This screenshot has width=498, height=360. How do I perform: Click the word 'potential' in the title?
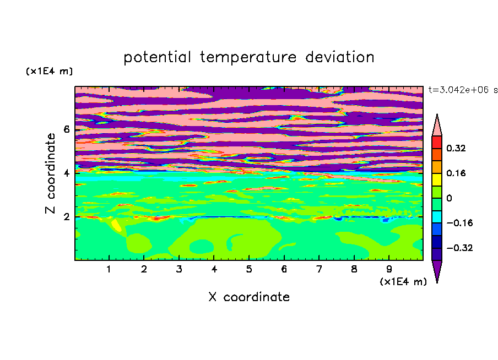tap(157, 58)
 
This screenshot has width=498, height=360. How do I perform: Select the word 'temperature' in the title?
tap(248, 58)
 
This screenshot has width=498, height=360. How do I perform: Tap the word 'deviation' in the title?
tap(339, 57)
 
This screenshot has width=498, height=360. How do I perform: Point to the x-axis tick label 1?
tap(109, 269)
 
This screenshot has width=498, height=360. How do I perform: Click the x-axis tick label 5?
tap(249, 269)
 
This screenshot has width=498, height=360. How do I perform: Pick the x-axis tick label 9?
tap(389, 269)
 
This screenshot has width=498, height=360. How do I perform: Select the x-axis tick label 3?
tap(179, 269)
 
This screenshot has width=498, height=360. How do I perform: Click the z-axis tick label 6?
tap(66, 129)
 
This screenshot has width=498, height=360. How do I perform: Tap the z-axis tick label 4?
tap(66, 173)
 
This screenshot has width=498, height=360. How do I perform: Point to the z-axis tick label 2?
tap(66, 217)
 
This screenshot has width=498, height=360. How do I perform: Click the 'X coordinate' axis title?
tap(249, 297)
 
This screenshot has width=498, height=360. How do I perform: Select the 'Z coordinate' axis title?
tap(50, 173)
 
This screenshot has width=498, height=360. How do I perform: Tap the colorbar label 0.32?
tap(456, 148)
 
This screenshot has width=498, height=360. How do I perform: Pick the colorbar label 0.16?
tap(456, 173)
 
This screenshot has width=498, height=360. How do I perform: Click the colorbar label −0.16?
tap(459, 223)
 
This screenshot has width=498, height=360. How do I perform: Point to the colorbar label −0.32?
tap(459, 248)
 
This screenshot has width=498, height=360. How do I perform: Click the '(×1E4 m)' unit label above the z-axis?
tap(49, 71)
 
